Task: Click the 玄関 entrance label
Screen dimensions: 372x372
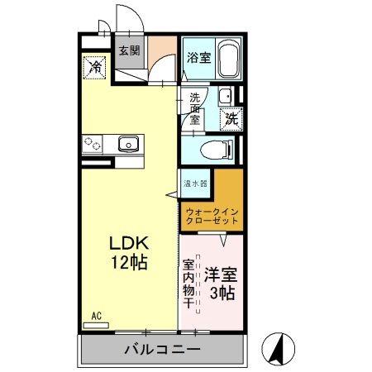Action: pyautogui.click(x=129, y=51)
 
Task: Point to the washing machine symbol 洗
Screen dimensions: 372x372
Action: pyautogui.click(x=231, y=117)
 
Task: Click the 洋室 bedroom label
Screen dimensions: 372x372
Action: pyautogui.click(x=221, y=274)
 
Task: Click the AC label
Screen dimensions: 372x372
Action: pyautogui.click(x=96, y=316)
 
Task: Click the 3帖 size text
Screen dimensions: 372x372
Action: pyautogui.click(x=222, y=293)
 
